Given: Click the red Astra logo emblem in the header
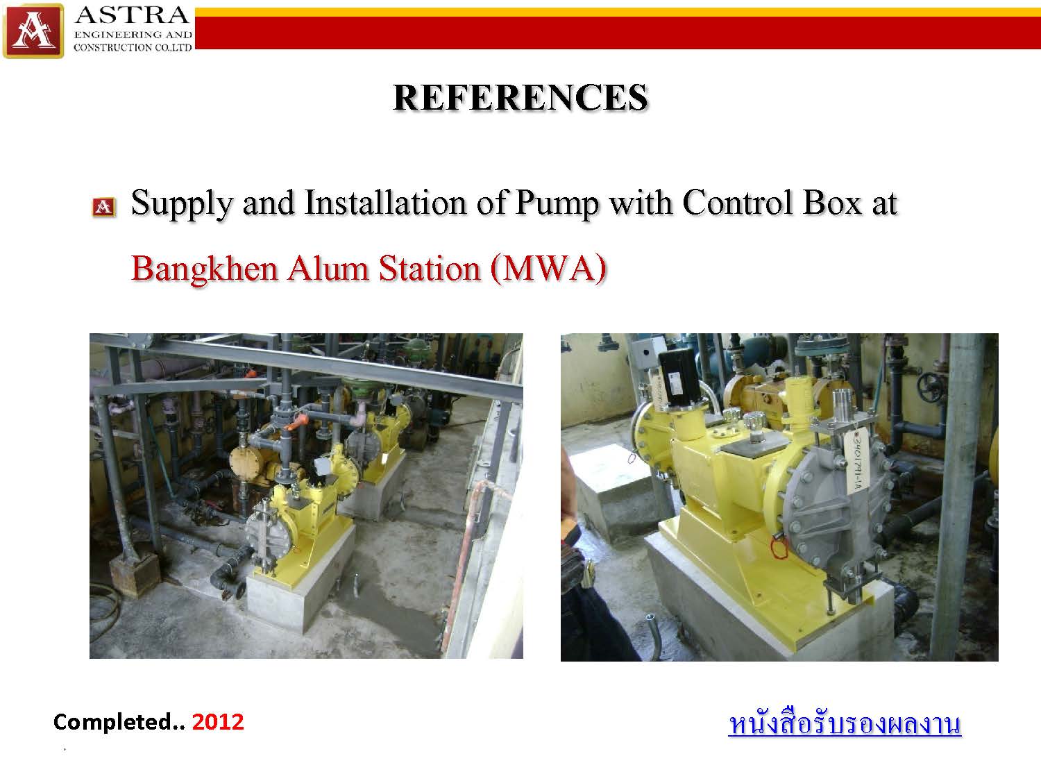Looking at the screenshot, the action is click(33, 31).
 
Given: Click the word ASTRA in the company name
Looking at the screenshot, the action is click(133, 15).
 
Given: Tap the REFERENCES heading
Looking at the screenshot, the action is click(520, 98).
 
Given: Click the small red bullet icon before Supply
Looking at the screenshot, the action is click(103, 207).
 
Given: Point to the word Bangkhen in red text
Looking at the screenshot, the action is click(205, 269).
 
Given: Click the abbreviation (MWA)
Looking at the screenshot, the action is click(549, 269).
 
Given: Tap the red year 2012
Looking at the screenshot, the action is click(218, 722).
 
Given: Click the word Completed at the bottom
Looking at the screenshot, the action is click(112, 723).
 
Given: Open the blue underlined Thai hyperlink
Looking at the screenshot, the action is click(845, 725).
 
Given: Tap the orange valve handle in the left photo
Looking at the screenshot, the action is click(294, 423).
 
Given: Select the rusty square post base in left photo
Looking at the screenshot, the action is click(135, 576).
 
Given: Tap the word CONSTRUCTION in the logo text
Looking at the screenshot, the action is click(113, 47).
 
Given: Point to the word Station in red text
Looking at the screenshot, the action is click(430, 269).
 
